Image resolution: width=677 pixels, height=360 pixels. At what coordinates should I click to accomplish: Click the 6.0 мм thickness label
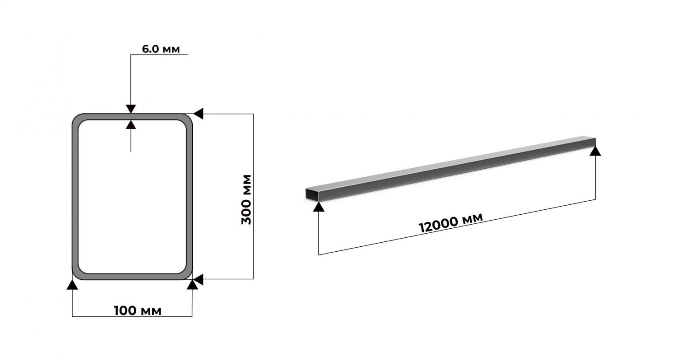[x=161, y=49]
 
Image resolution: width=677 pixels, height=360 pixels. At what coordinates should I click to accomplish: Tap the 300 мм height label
[x=246, y=200]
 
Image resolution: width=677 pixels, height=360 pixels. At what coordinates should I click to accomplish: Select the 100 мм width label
[x=138, y=310]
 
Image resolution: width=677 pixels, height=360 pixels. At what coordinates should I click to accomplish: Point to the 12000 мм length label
[x=450, y=223]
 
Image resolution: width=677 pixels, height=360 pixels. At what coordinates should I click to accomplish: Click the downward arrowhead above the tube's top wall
[x=131, y=109]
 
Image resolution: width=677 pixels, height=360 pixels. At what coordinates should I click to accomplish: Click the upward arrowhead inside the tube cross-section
[x=131, y=125]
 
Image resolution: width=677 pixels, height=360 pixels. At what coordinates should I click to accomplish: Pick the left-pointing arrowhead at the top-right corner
[x=198, y=114]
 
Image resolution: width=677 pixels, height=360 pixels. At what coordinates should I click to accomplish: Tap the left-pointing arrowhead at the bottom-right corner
[x=198, y=279]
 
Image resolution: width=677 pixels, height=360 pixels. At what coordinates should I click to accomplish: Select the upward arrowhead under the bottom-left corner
[x=72, y=285]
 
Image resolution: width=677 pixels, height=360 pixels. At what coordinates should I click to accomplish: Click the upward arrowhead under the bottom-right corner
[x=192, y=285]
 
